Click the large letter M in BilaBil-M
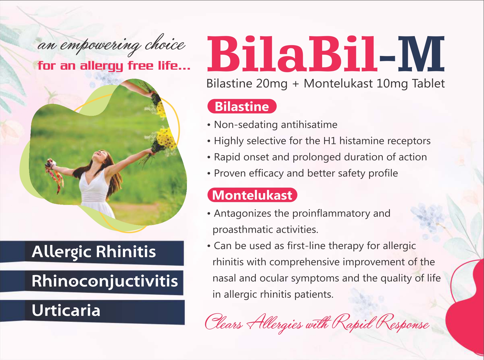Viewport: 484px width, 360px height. coord(421,54)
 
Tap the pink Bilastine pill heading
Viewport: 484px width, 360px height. coord(242,106)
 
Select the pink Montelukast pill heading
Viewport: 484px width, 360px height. coord(252,195)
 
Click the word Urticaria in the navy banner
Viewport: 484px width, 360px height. coord(66,310)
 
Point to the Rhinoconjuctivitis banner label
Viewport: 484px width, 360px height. coord(105,281)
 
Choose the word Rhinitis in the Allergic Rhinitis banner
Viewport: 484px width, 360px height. coord(126,251)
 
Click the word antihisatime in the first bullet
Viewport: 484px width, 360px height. coord(309,125)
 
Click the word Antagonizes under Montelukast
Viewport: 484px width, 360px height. coord(243,214)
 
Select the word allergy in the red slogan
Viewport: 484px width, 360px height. coord(101,66)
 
